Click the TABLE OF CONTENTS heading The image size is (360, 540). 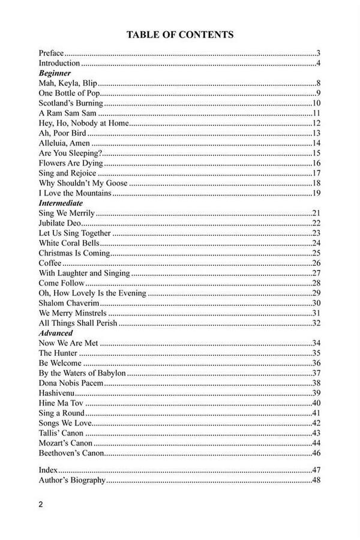tap(180, 35)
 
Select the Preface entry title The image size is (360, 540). tap(51, 53)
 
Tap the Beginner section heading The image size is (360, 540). tap(55, 73)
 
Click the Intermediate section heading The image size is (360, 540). tap(61, 203)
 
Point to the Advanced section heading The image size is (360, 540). tap(56, 333)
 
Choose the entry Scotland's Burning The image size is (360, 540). tap(67, 103)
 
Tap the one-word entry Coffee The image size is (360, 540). tap(50, 263)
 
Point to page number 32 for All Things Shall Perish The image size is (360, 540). tap(317, 323)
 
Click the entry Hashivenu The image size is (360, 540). tap(56, 393)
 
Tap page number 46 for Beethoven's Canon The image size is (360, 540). tap(317, 453)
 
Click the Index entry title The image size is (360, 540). tap(47, 470)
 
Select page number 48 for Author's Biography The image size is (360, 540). tap(317, 480)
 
